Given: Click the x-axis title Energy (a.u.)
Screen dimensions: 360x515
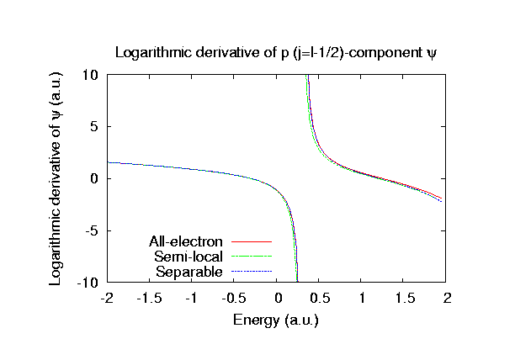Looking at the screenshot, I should [x=277, y=320].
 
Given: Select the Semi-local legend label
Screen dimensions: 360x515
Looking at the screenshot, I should [x=188, y=257].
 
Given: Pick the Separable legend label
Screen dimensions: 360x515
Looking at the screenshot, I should [x=189, y=272].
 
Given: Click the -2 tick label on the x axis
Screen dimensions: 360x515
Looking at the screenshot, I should [x=107, y=298].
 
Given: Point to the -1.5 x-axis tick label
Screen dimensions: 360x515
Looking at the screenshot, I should [x=150, y=298].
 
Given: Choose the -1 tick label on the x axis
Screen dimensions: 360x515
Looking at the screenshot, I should [x=192, y=298].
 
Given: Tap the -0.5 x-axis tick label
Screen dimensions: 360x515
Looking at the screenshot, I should [x=235, y=298].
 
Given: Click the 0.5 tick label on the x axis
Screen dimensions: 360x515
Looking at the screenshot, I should [x=321, y=298].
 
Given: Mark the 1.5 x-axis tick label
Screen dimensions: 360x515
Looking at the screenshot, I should [x=406, y=298].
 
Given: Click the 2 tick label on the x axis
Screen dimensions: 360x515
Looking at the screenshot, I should [x=448, y=298].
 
